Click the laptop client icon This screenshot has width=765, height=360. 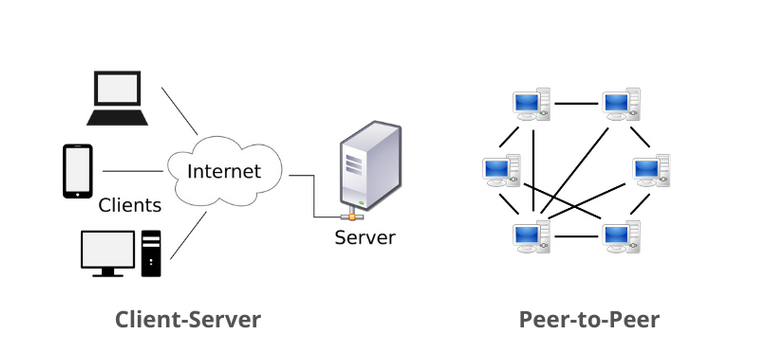point(118,97)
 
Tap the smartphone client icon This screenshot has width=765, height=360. point(77,171)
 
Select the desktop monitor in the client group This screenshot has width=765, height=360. point(107,251)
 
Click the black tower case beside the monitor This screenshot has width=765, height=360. point(151,252)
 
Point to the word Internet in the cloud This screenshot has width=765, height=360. point(223,171)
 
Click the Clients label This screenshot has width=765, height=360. point(130,206)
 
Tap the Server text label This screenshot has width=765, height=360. point(365,238)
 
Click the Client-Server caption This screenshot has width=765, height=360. point(188,320)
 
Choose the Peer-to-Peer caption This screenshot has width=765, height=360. point(589,320)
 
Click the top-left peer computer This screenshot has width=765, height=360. point(530,104)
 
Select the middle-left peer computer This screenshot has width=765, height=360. point(499,170)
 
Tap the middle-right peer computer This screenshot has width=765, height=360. point(651,170)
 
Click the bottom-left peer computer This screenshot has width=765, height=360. point(530,236)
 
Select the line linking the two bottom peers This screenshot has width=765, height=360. point(575,237)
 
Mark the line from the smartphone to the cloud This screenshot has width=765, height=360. point(132,171)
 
